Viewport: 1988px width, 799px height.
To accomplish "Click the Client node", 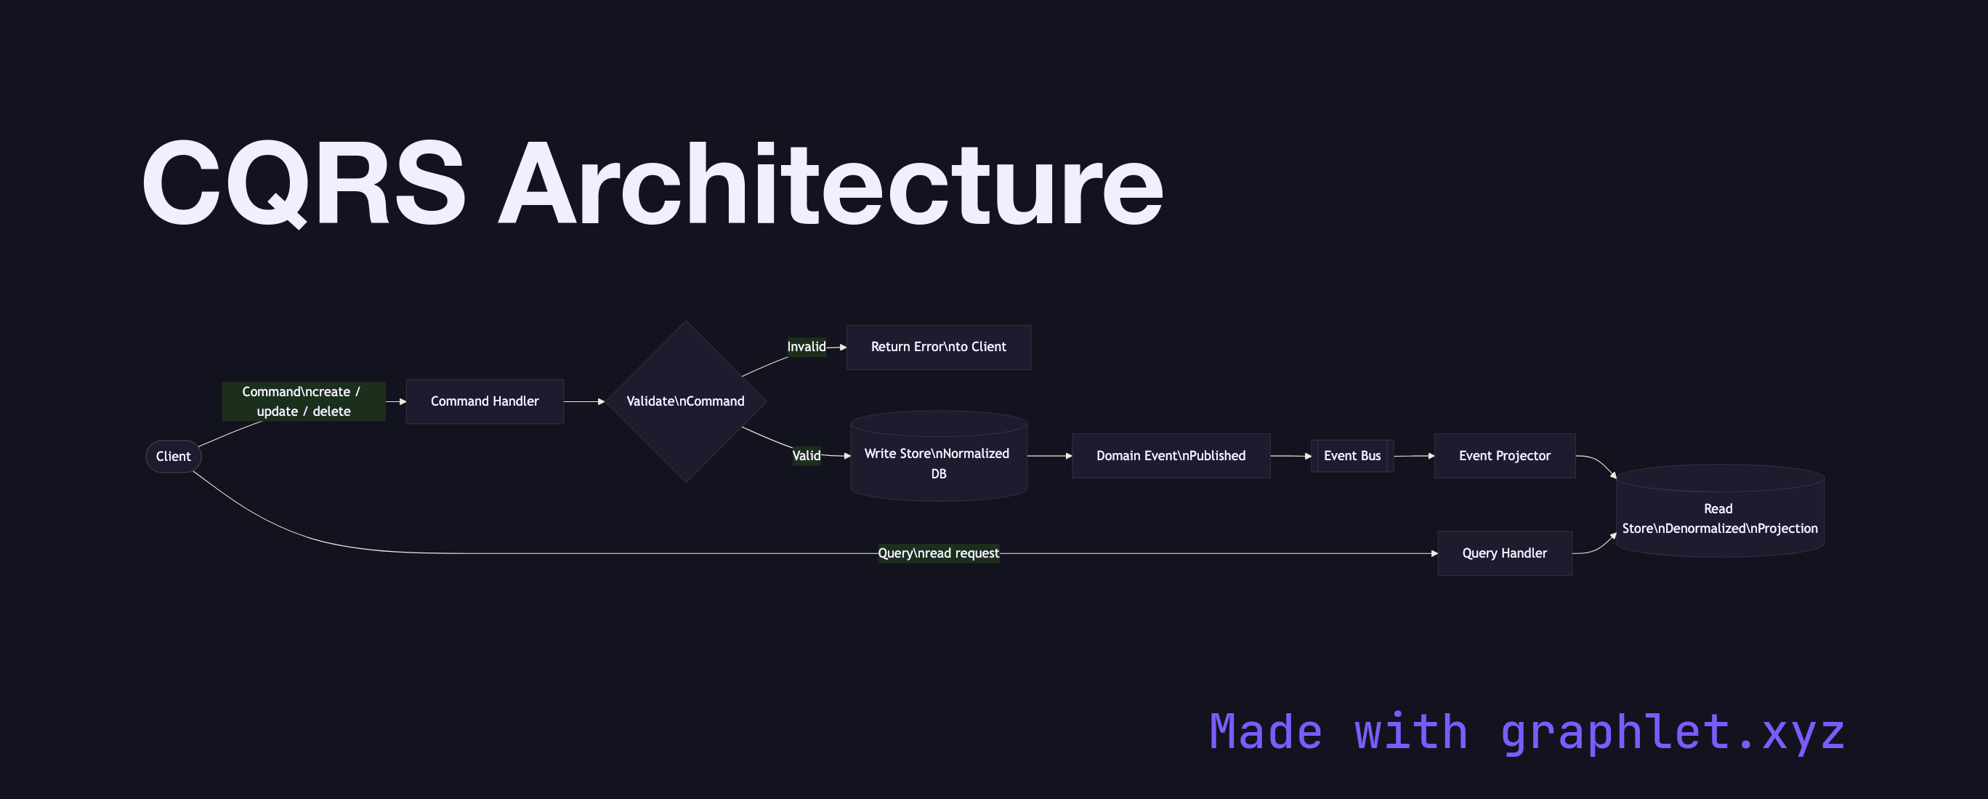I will (x=174, y=457).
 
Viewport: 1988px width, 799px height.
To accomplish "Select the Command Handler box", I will (x=485, y=401).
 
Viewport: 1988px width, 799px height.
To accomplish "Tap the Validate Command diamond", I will (x=685, y=401).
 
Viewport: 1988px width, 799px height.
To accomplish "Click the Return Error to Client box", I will (x=939, y=348).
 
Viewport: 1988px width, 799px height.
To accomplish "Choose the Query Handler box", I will (x=1504, y=553).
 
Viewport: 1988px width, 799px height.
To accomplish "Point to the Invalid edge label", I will (x=806, y=348).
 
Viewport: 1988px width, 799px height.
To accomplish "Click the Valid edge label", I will (x=806, y=455).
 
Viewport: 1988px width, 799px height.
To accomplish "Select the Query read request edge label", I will (x=939, y=553).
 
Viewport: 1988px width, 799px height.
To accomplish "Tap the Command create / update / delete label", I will (x=303, y=401).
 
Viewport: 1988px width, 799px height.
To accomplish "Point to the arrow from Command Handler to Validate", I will (x=584, y=401).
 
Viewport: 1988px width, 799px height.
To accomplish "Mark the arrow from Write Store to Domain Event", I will (x=1049, y=457).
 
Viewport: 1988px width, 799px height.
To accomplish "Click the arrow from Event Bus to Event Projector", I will (x=1414, y=457).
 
